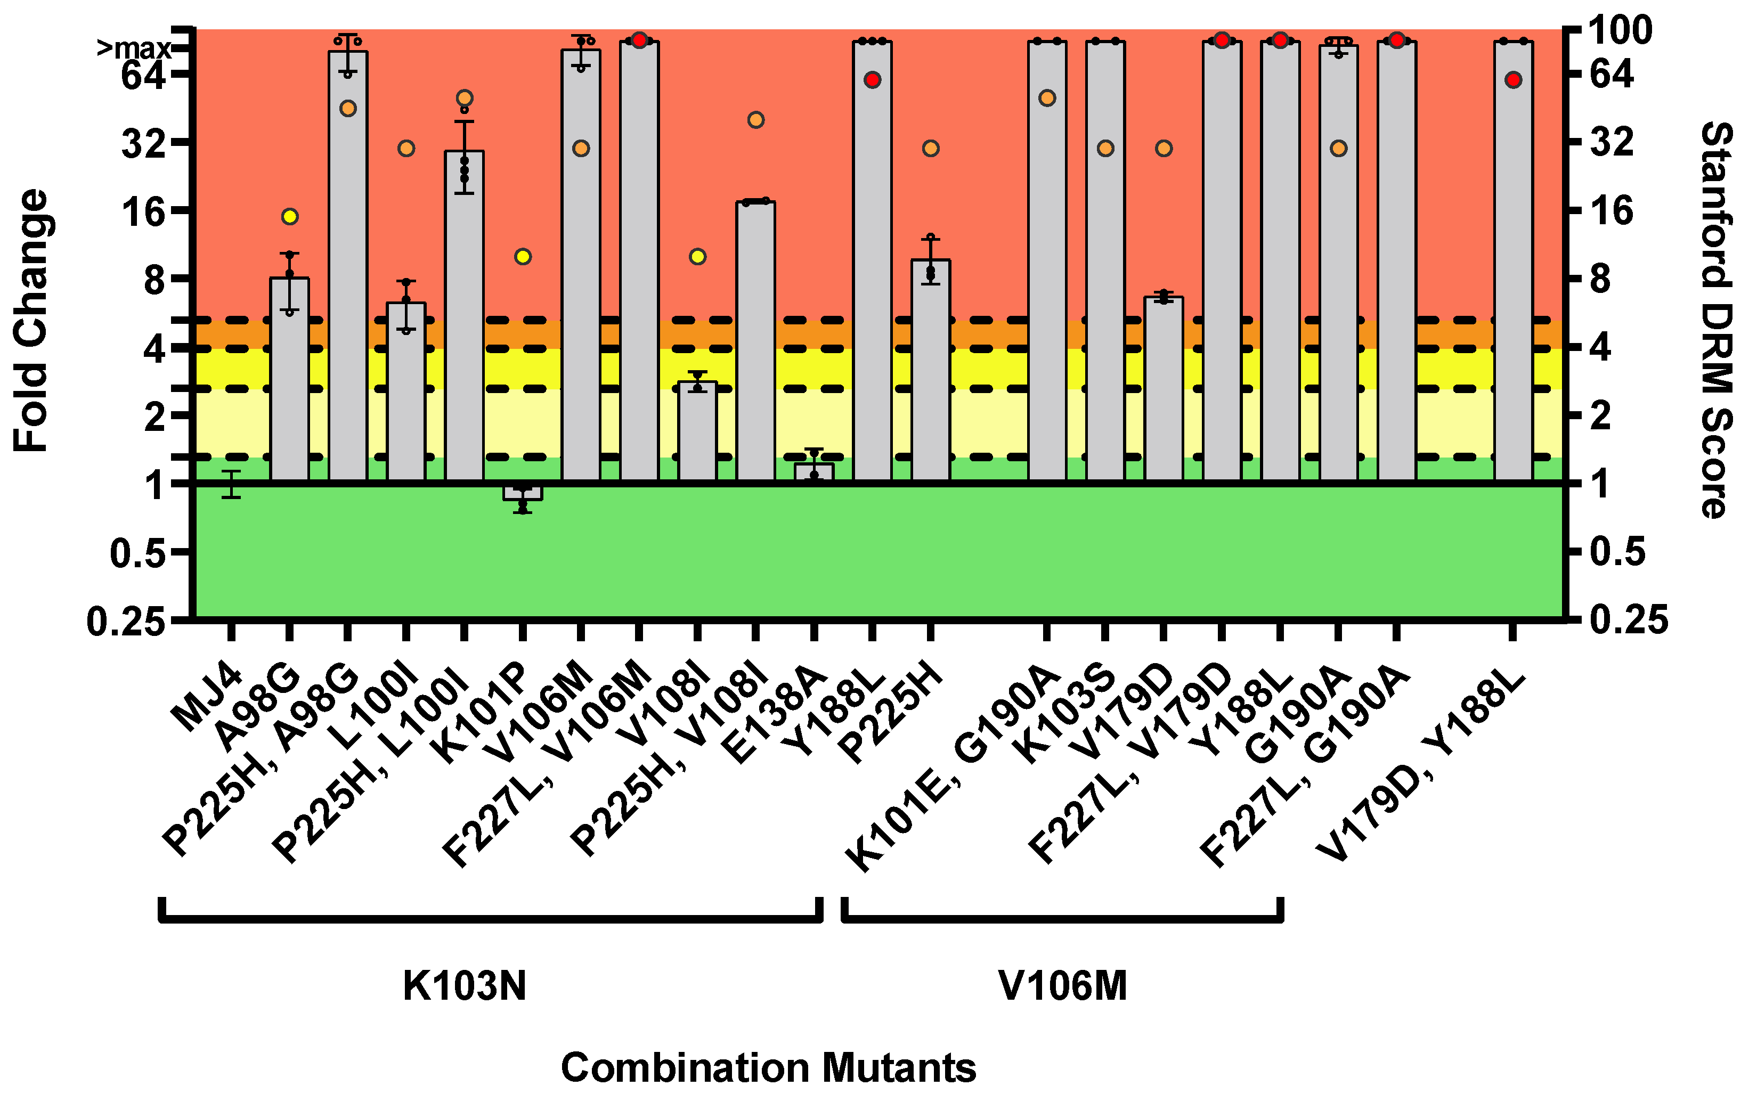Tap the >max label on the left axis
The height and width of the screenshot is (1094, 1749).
[134, 48]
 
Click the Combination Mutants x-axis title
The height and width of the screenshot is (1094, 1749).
[769, 1067]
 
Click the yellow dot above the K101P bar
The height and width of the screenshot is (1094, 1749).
[523, 257]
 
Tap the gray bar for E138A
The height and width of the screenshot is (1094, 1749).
[814, 472]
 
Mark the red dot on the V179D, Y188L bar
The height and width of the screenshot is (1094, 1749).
[1513, 79]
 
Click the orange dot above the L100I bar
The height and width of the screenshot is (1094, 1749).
[406, 148]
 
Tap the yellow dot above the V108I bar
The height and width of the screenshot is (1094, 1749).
[697, 257]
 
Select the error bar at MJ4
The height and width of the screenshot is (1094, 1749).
[231, 484]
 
